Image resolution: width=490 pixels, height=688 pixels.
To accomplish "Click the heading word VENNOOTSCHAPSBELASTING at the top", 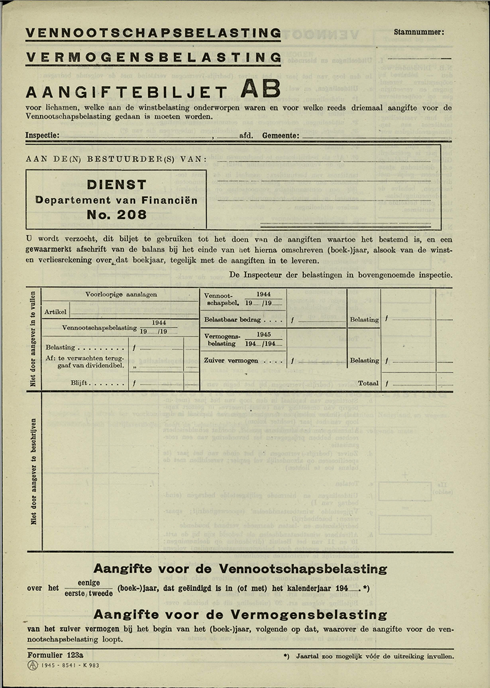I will (x=153, y=33).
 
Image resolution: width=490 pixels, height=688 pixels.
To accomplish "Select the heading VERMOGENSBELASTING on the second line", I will (x=153, y=57).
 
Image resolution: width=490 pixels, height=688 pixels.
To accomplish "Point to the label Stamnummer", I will (x=419, y=32).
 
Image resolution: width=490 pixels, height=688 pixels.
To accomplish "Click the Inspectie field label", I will (x=42, y=136).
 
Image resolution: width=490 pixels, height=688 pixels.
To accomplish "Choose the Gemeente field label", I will (x=280, y=136).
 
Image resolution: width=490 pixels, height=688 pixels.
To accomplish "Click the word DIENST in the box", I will (x=117, y=185).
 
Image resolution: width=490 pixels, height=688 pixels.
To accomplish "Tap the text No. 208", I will (x=117, y=215).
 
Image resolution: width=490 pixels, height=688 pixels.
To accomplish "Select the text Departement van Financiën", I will (x=117, y=200).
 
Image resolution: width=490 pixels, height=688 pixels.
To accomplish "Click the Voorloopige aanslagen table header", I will (x=121, y=295).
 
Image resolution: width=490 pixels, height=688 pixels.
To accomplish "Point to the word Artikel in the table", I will (x=56, y=312).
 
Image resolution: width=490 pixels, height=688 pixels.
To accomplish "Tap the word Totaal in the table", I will (x=368, y=383).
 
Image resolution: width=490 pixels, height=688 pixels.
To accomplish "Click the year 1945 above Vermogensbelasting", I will (x=264, y=335).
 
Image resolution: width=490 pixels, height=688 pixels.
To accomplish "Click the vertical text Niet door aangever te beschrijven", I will (x=34, y=471).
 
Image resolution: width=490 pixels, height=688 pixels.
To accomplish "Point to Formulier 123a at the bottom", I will (x=55, y=655).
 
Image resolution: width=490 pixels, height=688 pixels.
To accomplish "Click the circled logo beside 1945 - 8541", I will (x=32, y=665).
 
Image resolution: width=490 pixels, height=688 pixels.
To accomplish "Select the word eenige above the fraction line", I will (x=89, y=583).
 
